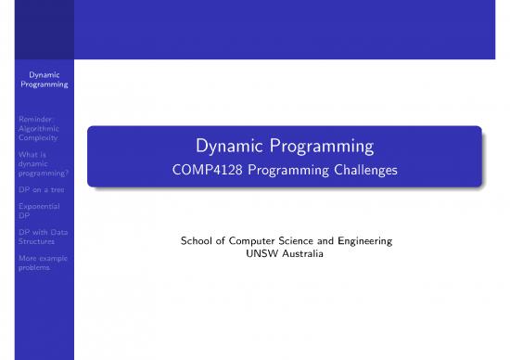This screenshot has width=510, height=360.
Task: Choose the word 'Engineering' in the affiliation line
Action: click(x=362, y=241)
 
